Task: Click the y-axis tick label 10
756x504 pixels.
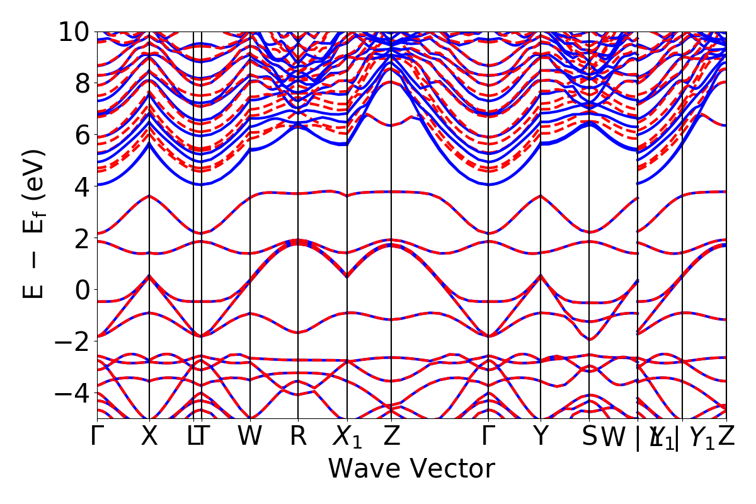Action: tap(74, 31)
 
